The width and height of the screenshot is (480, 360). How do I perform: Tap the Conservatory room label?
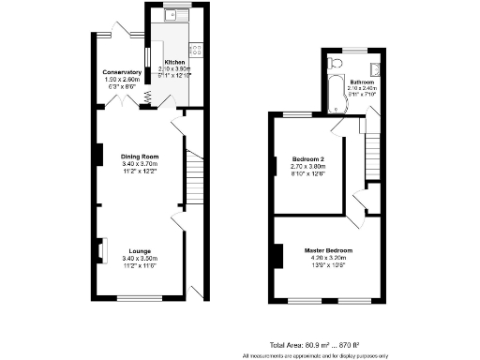[x=122, y=72]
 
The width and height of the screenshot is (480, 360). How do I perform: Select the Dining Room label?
[x=139, y=156]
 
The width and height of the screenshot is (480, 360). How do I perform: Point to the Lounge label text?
[x=140, y=250]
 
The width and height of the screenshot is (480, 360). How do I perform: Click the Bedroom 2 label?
[x=307, y=158]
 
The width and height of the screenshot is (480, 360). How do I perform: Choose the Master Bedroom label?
[x=327, y=250]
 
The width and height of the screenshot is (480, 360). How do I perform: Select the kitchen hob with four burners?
[x=197, y=48]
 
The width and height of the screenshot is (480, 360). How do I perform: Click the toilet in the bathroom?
[x=336, y=62]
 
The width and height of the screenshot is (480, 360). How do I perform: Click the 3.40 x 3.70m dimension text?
[x=139, y=164]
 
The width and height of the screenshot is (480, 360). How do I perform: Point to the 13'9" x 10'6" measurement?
[x=327, y=266]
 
